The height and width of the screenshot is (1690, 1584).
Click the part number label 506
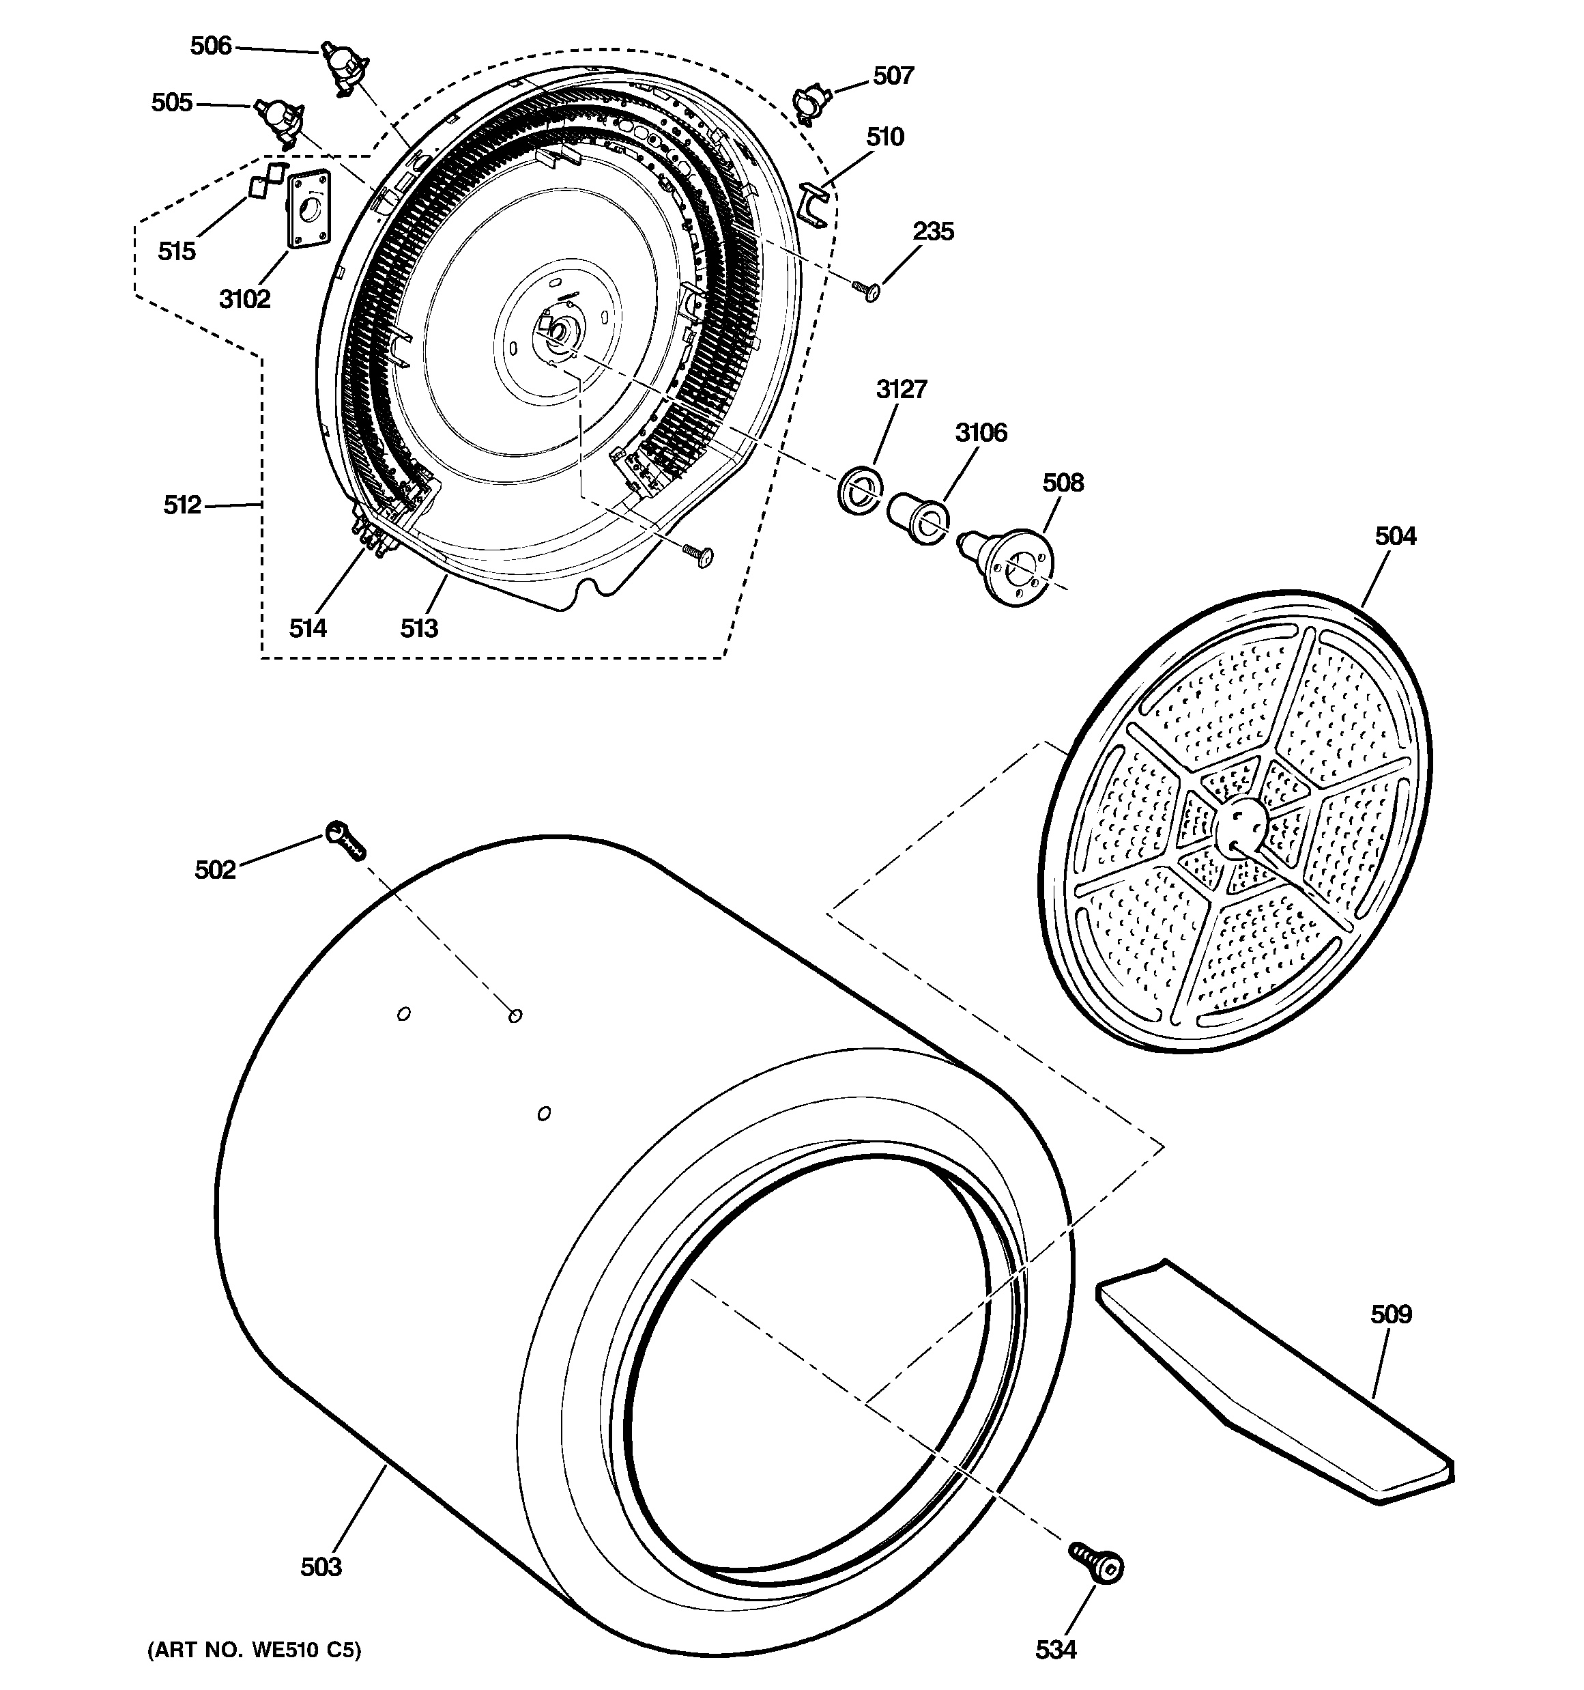point(211,46)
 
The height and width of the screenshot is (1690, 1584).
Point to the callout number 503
point(321,1566)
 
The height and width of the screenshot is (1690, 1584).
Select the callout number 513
point(419,628)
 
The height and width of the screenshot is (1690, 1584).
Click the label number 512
point(182,505)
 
